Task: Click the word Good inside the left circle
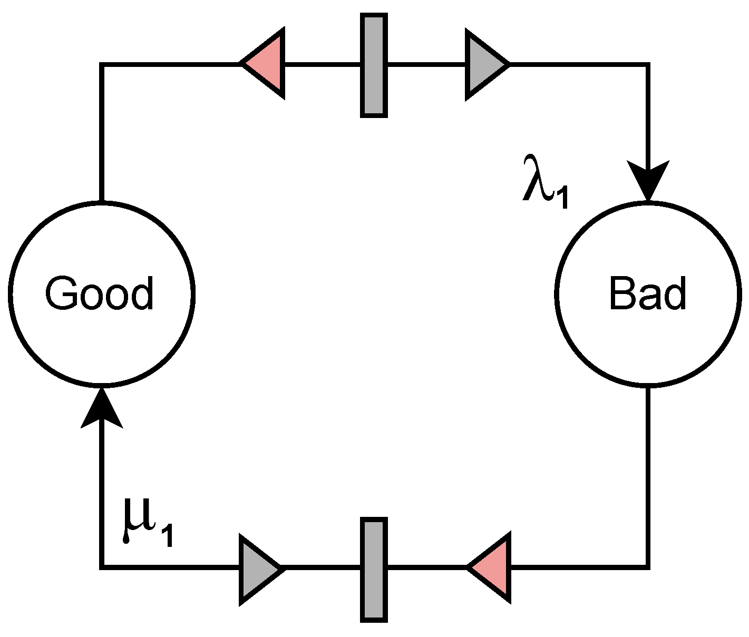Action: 100,293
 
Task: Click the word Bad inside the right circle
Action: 647,293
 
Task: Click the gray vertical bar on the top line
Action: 374,65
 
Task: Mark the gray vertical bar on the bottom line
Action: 374,569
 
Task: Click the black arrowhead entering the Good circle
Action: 101,408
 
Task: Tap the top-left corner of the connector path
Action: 101,64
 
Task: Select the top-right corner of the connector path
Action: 648,64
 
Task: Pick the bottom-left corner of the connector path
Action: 101,567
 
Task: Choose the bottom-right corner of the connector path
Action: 648,567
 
